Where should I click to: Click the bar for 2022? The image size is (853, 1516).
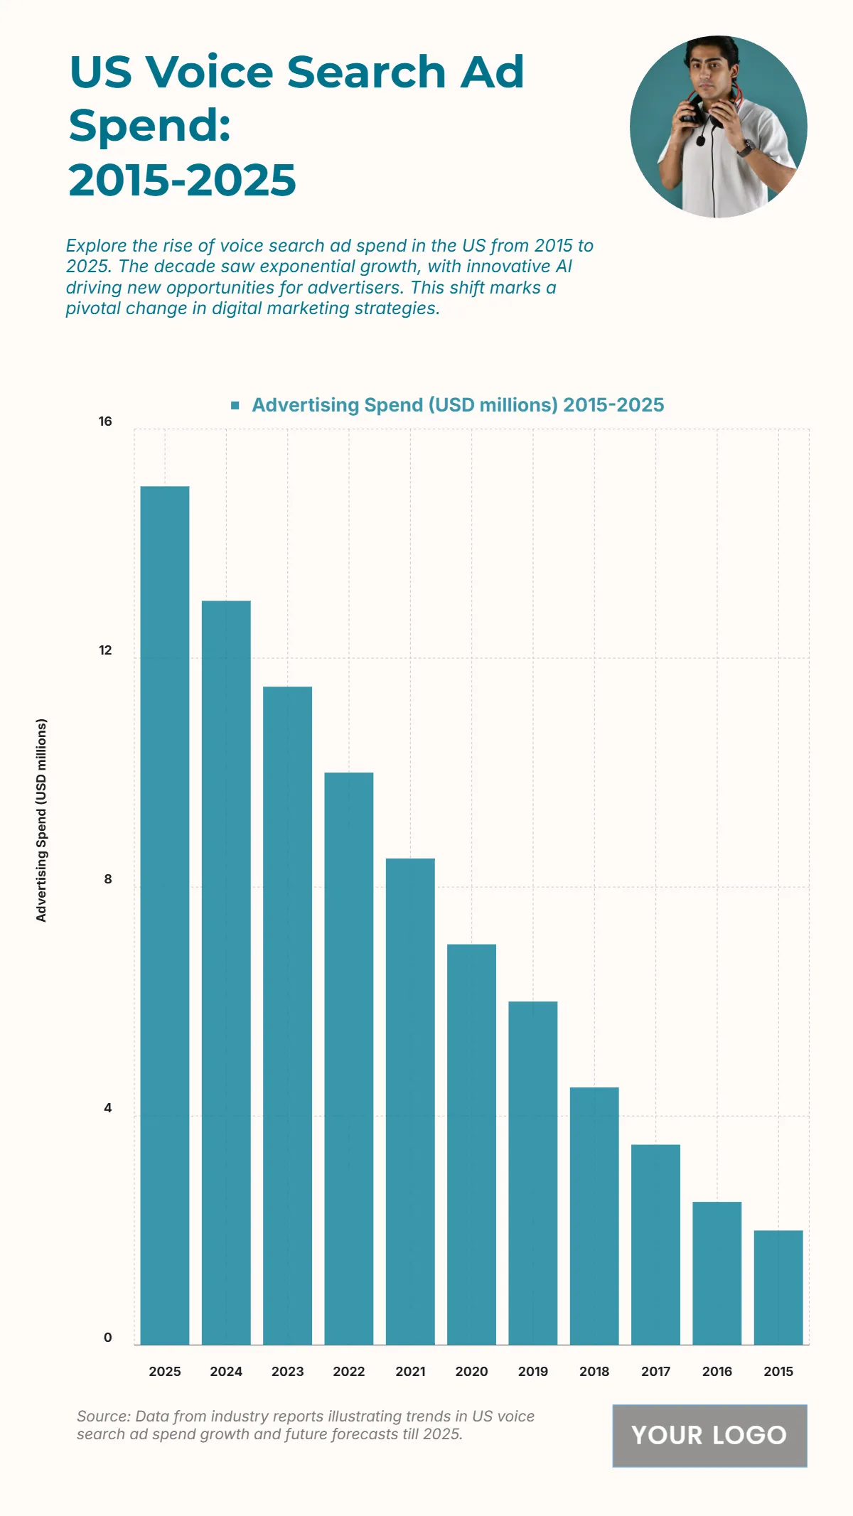point(349,1058)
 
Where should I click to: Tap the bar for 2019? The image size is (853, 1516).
point(533,1173)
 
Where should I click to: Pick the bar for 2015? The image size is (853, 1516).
point(778,1287)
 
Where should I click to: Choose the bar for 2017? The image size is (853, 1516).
point(655,1244)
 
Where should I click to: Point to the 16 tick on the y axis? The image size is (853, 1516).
point(105,421)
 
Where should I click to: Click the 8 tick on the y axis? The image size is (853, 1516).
point(108,879)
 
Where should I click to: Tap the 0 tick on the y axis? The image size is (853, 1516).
point(108,1337)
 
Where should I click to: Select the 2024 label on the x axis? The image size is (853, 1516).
point(226,1371)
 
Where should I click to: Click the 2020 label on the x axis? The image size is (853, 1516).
point(471,1371)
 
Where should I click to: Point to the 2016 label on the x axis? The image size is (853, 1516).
point(717,1371)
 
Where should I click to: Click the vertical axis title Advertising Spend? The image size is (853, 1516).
point(41,820)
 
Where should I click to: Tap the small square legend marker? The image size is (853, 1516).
point(235,405)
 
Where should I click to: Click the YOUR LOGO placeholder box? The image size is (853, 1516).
point(709,1435)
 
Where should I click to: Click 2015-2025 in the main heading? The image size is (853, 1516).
point(182,180)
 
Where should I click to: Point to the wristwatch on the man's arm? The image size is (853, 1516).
point(746,148)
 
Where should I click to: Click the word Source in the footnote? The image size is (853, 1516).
point(103,1416)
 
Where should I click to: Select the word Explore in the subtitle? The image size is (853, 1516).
point(96,246)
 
